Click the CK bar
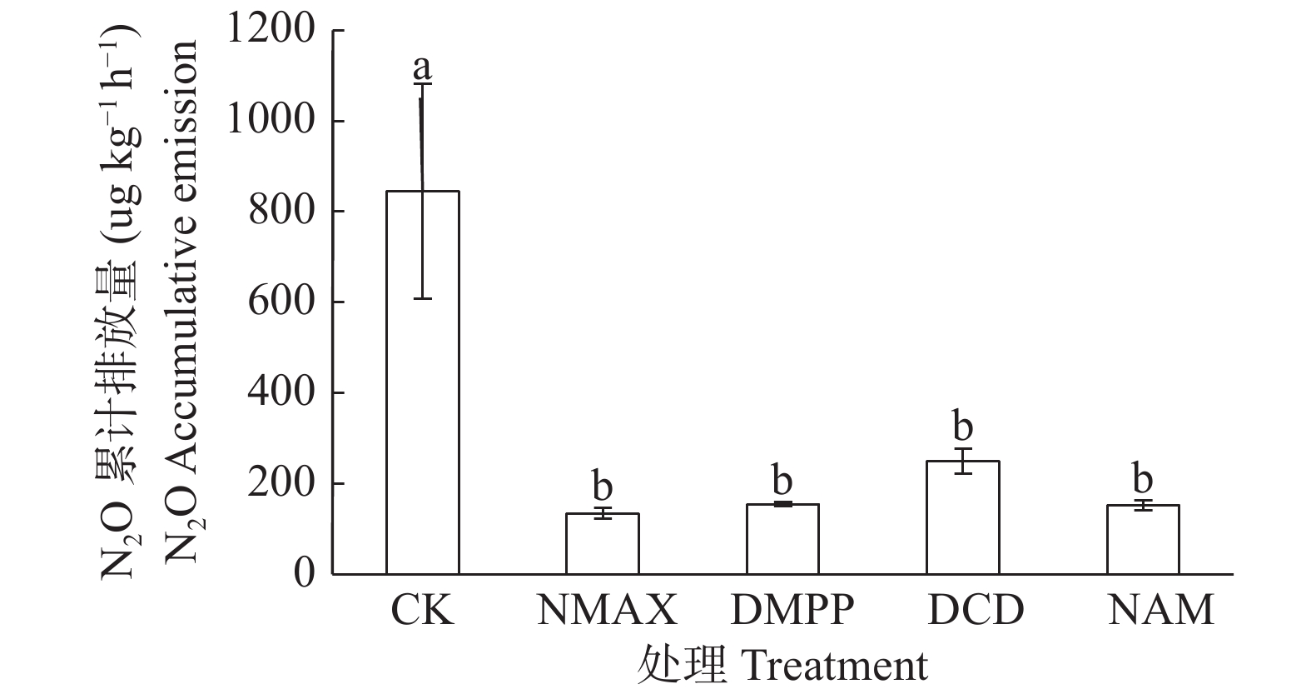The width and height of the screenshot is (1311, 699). coord(422,383)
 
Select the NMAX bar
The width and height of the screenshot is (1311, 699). coord(602,543)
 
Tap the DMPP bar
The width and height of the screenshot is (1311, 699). coord(782,539)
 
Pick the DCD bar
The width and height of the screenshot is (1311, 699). coord(962,517)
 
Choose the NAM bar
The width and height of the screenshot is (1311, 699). coord(1142,539)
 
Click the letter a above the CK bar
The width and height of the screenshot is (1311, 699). coord(422,67)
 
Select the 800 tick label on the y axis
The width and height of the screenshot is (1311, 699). coord(282,212)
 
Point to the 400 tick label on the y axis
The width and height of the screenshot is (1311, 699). coord(282,392)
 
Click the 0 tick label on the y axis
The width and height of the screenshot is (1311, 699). coord(305,573)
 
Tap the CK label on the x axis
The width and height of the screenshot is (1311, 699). coord(422,611)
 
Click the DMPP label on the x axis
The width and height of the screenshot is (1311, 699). coord(792,611)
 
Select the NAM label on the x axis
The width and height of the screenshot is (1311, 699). coord(1160,611)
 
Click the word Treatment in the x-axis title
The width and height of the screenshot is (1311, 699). coord(834,666)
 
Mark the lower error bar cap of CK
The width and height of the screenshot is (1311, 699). coord(422,298)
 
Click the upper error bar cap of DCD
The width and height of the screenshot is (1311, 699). coord(962,449)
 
